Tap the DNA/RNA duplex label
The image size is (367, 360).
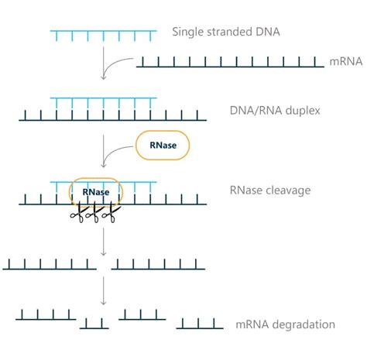tap(274, 110)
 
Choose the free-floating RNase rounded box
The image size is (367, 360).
tap(163, 145)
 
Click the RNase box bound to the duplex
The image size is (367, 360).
tap(96, 192)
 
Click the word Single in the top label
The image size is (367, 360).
tap(188, 32)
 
